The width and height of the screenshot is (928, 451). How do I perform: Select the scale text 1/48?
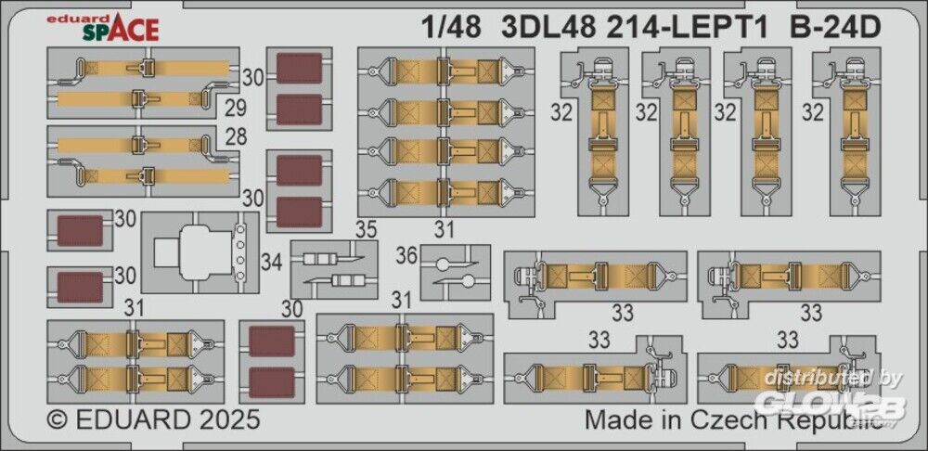point(456,28)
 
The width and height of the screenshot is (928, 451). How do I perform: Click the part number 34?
point(271,263)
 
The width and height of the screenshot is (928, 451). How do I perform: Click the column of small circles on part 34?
point(241,252)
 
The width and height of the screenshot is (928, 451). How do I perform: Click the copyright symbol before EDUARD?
point(58,419)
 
